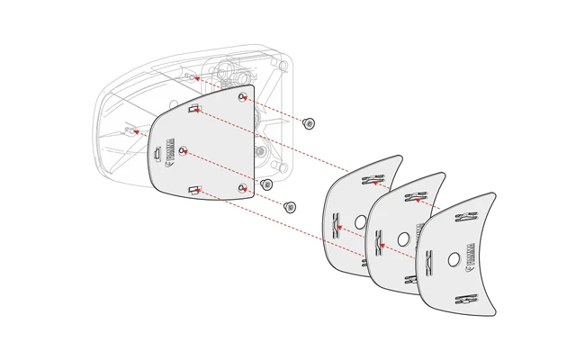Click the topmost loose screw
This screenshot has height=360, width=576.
pyautogui.click(x=310, y=122)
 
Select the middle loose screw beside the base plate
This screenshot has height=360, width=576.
pyautogui.click(x=266, y=184)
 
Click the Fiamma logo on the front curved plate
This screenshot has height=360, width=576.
pyautogui.click(x=470, y=256)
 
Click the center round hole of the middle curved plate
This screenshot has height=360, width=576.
pyautogui.click(x=404, y=239)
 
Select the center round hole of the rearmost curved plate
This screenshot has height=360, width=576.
pyautogui.click(x=360, y=220)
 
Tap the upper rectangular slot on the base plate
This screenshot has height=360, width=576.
pyautogui.click(x=194, y=110)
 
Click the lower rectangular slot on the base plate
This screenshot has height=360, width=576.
pyautogui.click(x=193, y=190)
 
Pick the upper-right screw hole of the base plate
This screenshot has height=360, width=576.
pyautogui.click(x=242, y=97)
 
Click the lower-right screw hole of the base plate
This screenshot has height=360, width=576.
pyautogui.click(x=243, y=187)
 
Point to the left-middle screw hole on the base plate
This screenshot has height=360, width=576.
pyautogui.click(x=183, y=150)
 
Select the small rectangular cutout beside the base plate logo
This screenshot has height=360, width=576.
pyautogui.click(x=157, y=156)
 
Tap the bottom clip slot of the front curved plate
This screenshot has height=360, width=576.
pyautogui.click(x=465, y=299)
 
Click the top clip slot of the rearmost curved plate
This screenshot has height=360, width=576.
pyautogui.click(x=369, y=181)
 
